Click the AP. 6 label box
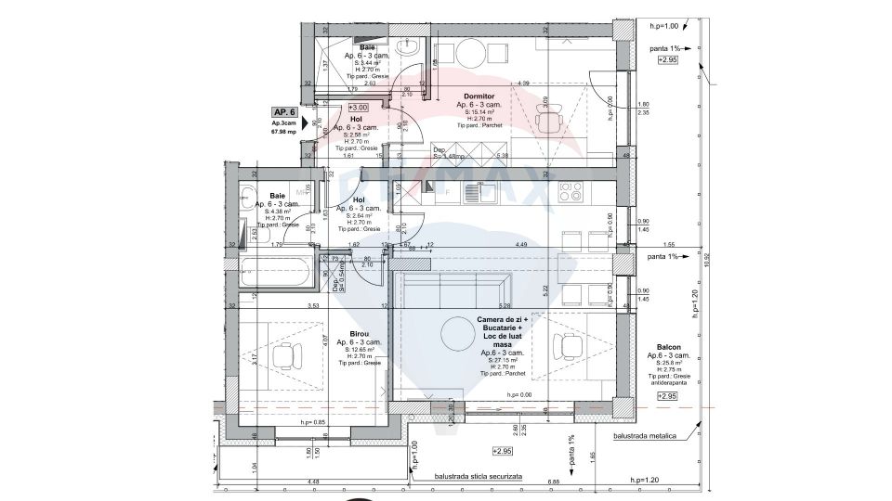(284, 111)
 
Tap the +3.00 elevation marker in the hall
(359, 108)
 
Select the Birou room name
(360, 333)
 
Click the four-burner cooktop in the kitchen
(571, 192)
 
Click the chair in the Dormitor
(550, 122)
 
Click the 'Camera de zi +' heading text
(502, 320)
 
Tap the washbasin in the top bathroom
(407, 46)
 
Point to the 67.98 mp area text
(284, 132)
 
